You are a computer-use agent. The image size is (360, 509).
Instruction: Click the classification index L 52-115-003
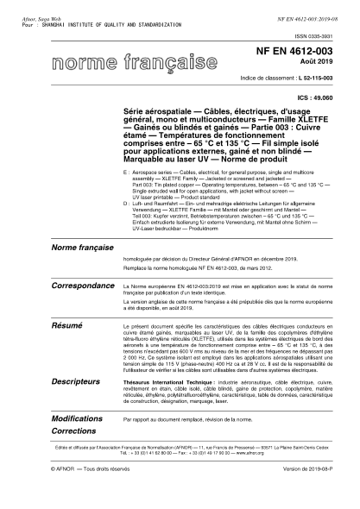pyautogui.click(x=310, y=77)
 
